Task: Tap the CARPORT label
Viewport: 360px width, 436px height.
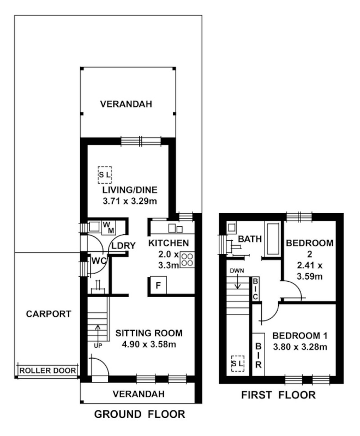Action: [x=48, y=314]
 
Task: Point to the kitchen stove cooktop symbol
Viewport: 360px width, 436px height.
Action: [x=187, y=260]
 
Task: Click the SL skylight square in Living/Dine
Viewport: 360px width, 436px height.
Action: [x=105, y=174]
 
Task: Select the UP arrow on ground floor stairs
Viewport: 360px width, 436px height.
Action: [x=98, y=331]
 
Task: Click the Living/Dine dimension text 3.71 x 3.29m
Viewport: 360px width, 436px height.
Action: [x=130, y=201]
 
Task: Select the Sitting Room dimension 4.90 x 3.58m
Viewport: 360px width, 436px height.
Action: [x=148, y=344]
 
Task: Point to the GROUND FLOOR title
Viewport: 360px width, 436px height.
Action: [x=140, y=415]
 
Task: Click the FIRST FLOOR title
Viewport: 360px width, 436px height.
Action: [x=278, y=396]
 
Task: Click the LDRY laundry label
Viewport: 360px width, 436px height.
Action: [x=123, y=246]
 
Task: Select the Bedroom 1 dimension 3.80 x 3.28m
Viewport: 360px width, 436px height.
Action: [x=299, y=347]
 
